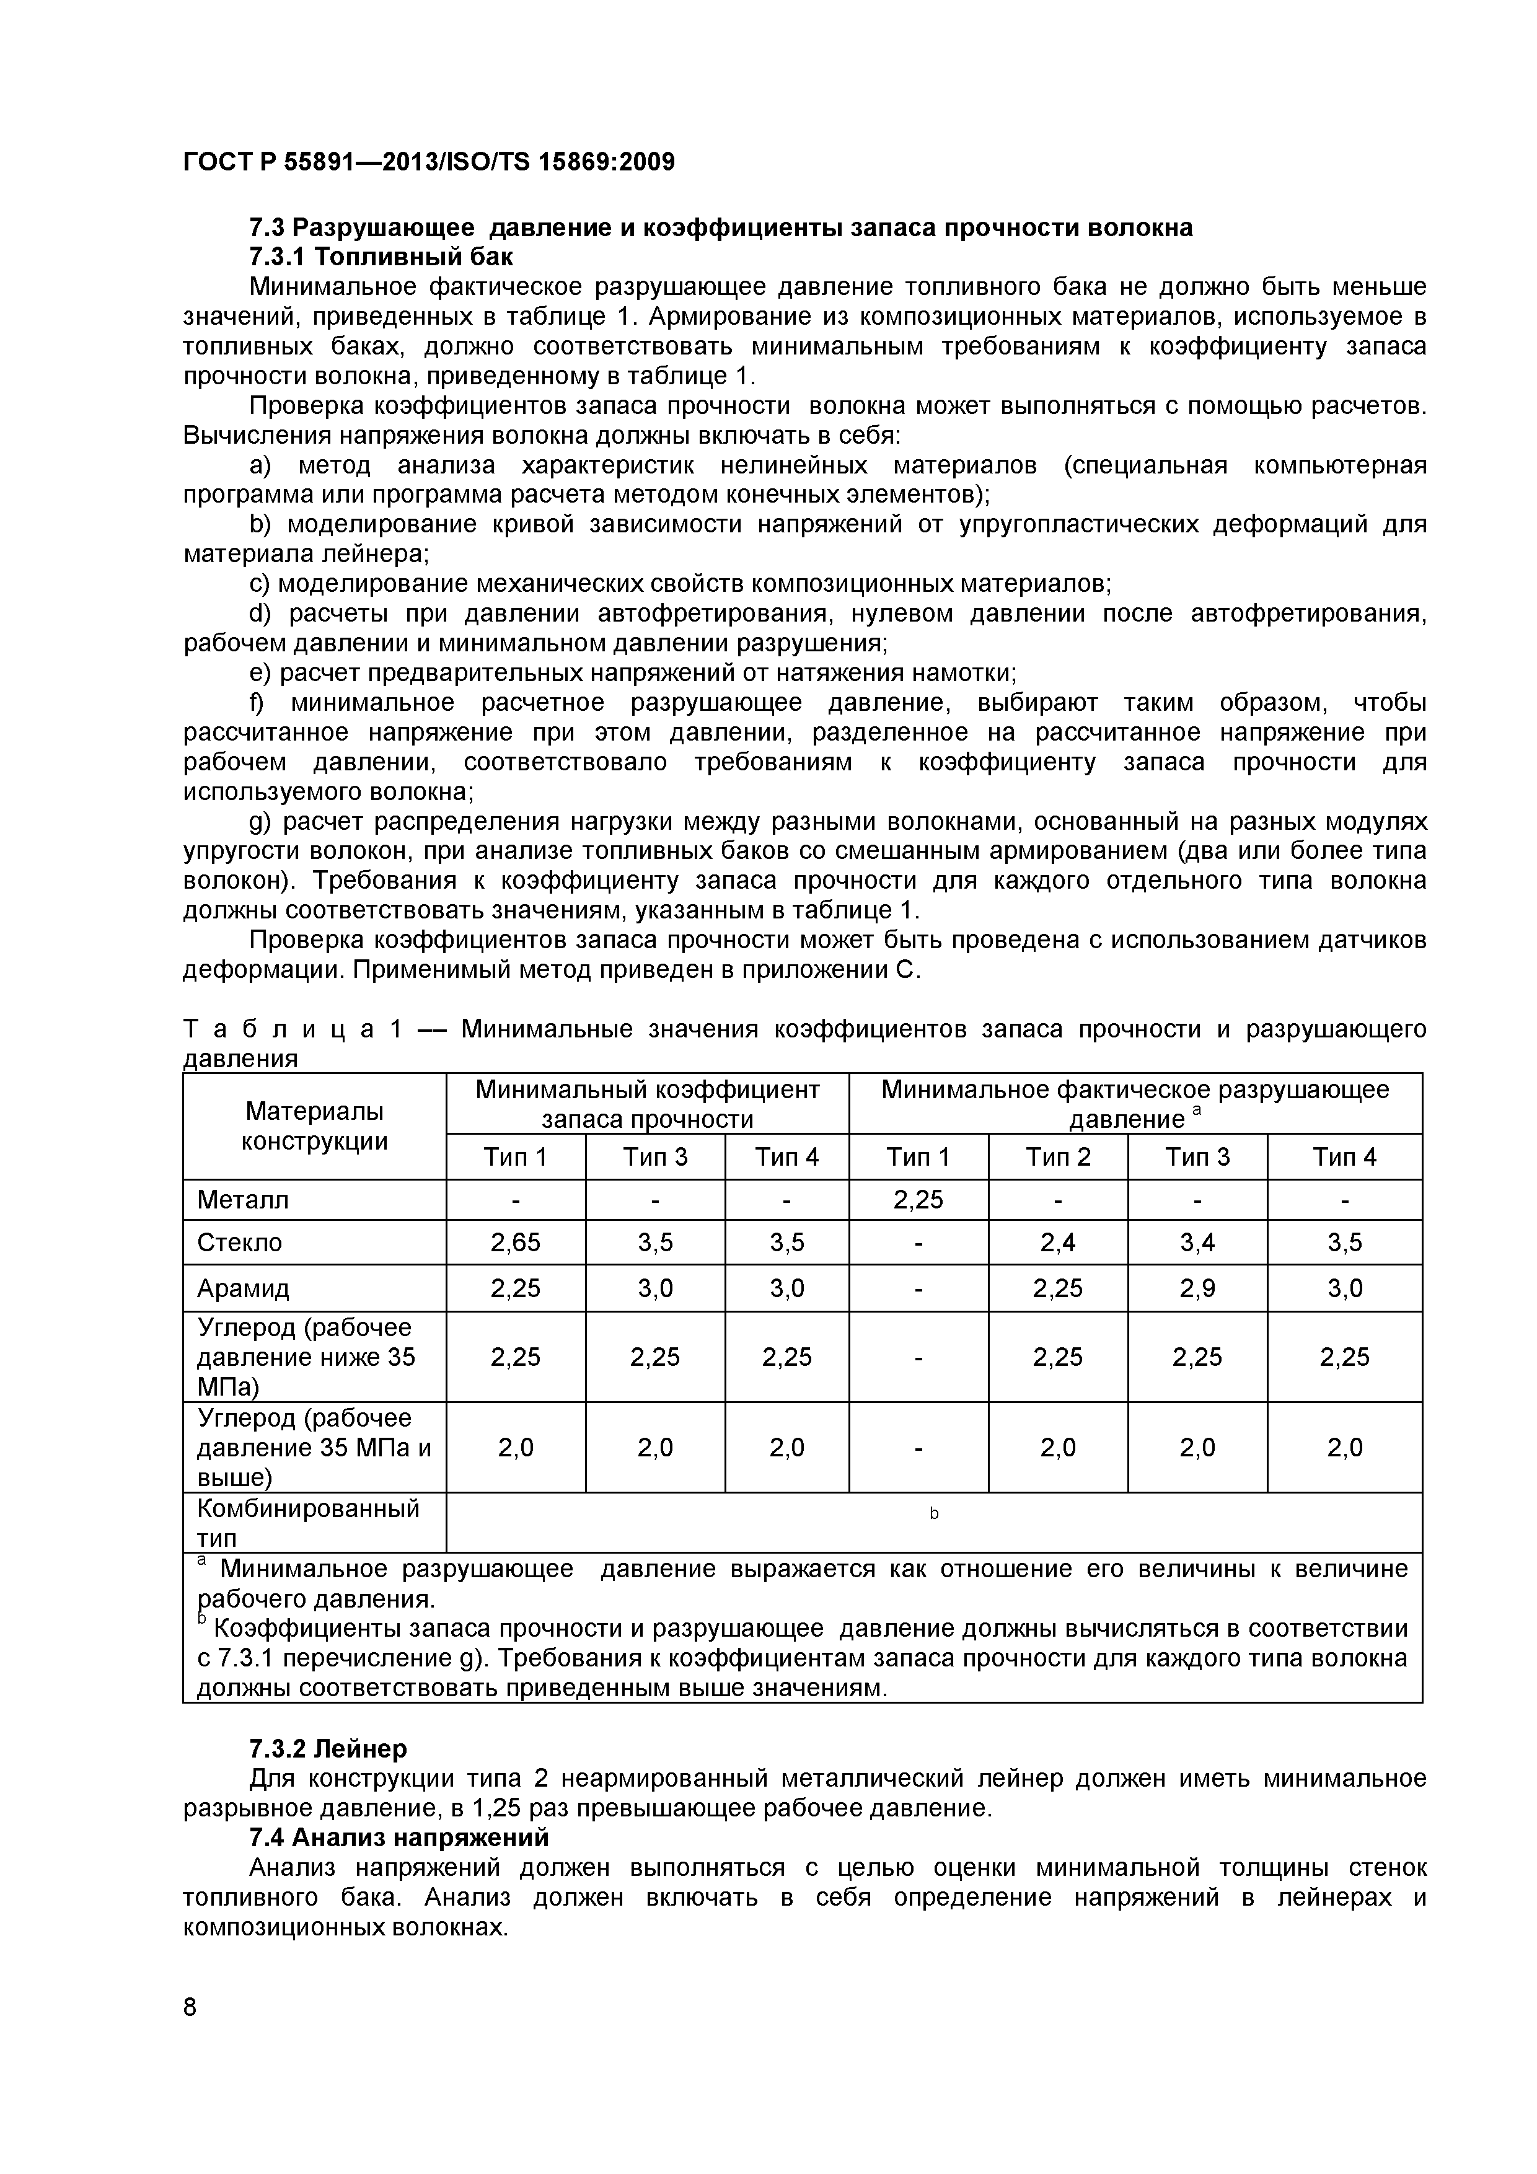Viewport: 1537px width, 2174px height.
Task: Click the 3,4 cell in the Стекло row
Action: (1196, 1243)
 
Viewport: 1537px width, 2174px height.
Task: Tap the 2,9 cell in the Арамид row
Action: (1196, 1288)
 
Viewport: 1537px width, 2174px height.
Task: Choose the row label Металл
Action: (242, 1200)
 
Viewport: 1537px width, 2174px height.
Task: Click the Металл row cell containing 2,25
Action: (918, 1200)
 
